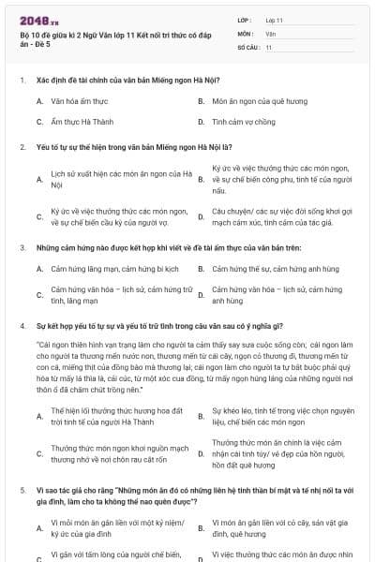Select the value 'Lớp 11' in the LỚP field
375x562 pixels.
274,20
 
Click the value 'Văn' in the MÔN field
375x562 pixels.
270,33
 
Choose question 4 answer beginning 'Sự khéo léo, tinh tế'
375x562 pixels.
281,416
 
